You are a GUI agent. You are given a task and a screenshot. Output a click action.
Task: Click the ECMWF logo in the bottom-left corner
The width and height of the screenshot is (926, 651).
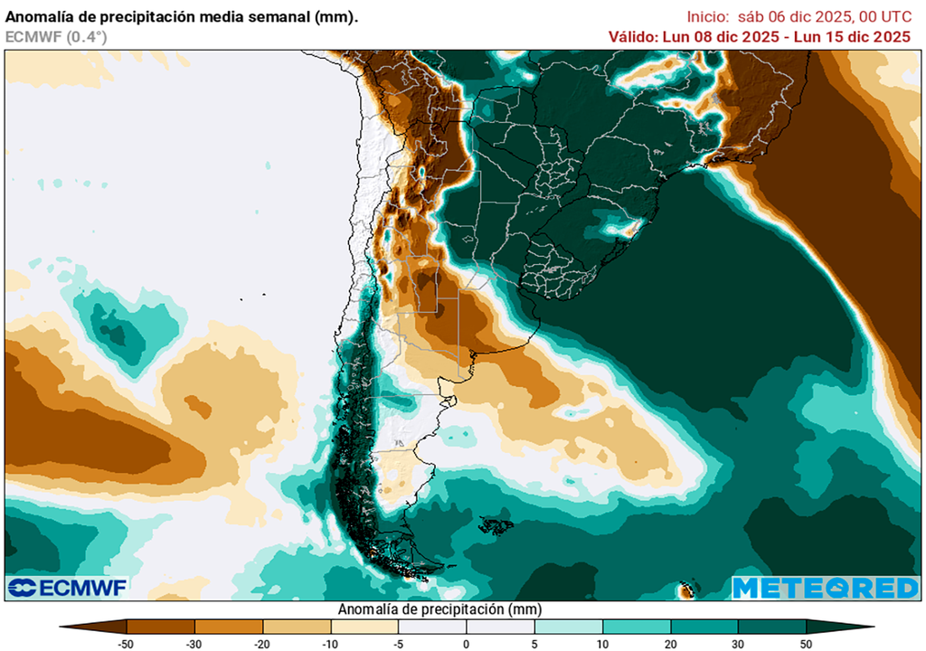point(68,588)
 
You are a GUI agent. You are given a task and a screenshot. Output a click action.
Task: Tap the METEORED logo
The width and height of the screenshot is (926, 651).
point(825,588)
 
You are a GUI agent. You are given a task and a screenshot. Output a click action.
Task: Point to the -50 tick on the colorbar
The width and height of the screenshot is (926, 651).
point(127,643)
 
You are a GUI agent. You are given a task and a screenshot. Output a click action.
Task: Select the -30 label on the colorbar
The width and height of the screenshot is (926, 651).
point(194,643)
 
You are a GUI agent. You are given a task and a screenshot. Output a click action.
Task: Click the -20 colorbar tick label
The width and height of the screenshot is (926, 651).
point(262,643)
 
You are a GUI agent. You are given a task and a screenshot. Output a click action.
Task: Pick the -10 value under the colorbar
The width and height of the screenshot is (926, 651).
point(330,643)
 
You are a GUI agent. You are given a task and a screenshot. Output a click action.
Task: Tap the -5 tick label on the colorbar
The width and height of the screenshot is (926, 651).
point(398,643)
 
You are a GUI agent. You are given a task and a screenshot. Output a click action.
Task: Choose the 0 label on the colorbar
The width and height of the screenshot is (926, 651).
point(467,643)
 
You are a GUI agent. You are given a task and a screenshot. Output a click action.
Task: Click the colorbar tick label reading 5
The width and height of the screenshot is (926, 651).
point(534,643)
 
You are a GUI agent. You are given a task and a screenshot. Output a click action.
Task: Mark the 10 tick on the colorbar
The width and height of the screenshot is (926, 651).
point(602,643)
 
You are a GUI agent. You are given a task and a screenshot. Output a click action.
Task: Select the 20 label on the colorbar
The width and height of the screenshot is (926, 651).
point(670,643)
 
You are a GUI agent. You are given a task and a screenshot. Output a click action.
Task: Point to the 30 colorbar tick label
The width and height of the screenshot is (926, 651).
point(738,643)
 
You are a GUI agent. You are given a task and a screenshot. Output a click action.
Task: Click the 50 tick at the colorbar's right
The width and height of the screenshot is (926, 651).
point(806,643)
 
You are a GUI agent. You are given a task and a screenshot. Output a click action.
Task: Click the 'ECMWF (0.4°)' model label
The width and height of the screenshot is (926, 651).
point(56,37)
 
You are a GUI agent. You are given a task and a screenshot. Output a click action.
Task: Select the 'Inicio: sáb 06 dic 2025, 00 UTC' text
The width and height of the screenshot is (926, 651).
point(798,16)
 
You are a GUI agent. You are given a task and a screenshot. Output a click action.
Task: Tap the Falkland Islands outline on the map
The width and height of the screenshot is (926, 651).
point(494,524)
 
